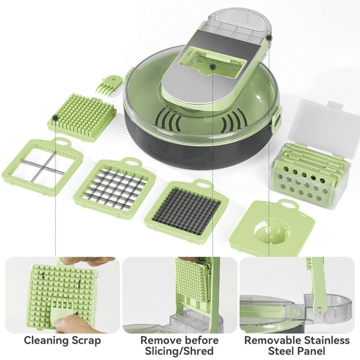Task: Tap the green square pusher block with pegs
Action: click(x=82, y=116)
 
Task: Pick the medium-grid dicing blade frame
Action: click(x=115, y=186)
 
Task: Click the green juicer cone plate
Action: click(x=272, y=228)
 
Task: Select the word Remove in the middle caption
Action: click(x=159, y=340)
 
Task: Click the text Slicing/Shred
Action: click(x=179, y=351)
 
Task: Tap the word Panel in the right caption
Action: click(x=312, y=351)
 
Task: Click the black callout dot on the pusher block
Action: click(x=55, y=118)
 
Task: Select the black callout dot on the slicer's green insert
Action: click(x=213, y=67)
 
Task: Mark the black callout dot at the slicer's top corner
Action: click(x=269, y=37)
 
